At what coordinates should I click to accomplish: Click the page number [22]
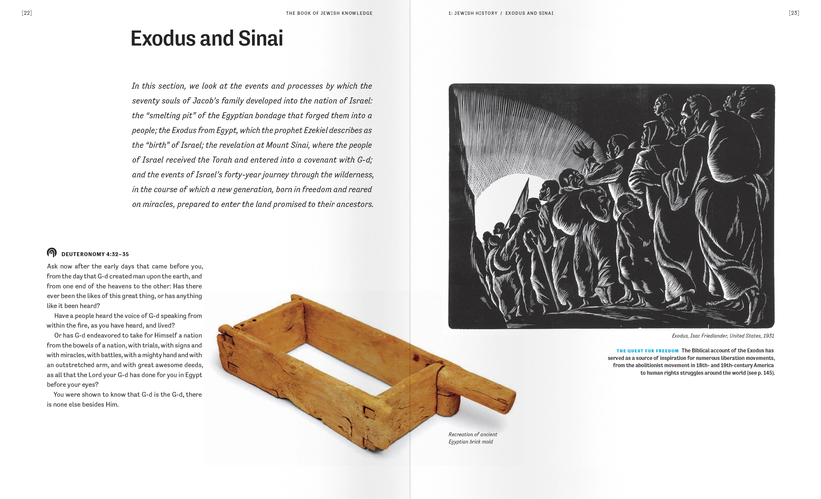click(x=27, y=13)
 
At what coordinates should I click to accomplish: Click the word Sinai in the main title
click(x=260, y=38)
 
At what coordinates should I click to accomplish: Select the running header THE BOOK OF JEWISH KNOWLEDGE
click(x=329, y=13)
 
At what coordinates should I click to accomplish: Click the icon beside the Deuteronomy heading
click(x=52, y=253)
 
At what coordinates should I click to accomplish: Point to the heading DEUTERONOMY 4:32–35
click(x=95, y=254)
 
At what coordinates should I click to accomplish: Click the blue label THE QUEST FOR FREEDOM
click(x=647, y=351)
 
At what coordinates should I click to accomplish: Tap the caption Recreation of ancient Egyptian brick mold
click(x=472, y=438)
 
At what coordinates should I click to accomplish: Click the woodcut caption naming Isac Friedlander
click(x=722, y=336)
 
